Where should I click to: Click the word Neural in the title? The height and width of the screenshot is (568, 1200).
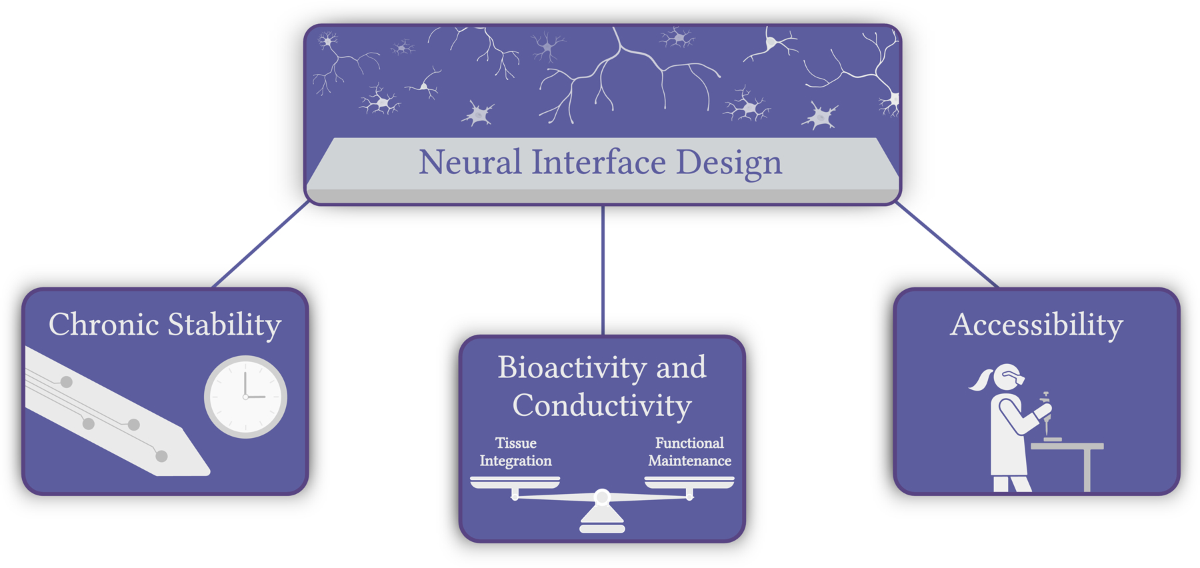click(470, 162)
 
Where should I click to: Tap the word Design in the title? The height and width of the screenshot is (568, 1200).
click(729, 164)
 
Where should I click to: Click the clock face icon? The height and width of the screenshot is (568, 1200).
click(245, 397)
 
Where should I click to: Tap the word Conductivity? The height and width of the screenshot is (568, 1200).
click(602, 405)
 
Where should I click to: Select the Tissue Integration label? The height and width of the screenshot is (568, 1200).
click(516, 452)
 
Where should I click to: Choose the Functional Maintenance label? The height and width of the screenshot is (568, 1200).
click(689, 452)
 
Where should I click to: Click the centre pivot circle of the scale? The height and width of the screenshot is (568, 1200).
click(602, 497)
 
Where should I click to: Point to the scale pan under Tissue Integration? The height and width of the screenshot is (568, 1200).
click(515, 482)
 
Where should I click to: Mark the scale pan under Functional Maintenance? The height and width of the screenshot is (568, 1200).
click(689, 482)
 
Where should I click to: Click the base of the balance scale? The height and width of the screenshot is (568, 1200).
click(602, 522)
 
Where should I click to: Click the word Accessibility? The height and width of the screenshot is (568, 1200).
click(1037, 325)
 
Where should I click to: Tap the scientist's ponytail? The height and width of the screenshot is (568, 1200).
click(981, 380)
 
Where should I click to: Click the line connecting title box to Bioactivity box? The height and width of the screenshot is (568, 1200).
click(603, 269)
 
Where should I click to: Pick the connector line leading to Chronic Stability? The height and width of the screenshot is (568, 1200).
click(261, 245)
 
